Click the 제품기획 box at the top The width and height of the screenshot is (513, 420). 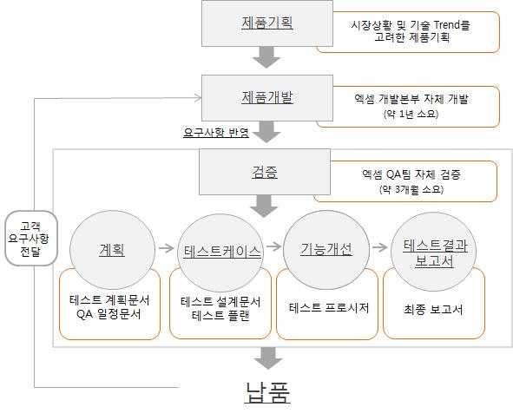pos(266,23)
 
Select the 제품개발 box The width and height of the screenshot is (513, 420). pos(266,97)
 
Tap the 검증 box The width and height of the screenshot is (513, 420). pos(266,172)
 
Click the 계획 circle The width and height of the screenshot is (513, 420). pos(111,250)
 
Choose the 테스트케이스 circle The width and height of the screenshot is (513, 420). pos(221,251)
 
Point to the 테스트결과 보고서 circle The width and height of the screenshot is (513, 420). pos(435,252)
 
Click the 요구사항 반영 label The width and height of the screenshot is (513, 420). pos(215,133)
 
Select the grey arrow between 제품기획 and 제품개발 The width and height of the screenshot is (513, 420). pos(267,57)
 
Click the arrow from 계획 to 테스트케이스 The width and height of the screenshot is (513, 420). pos(166,249)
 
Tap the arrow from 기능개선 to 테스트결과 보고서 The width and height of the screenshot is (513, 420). pos(380,247)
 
